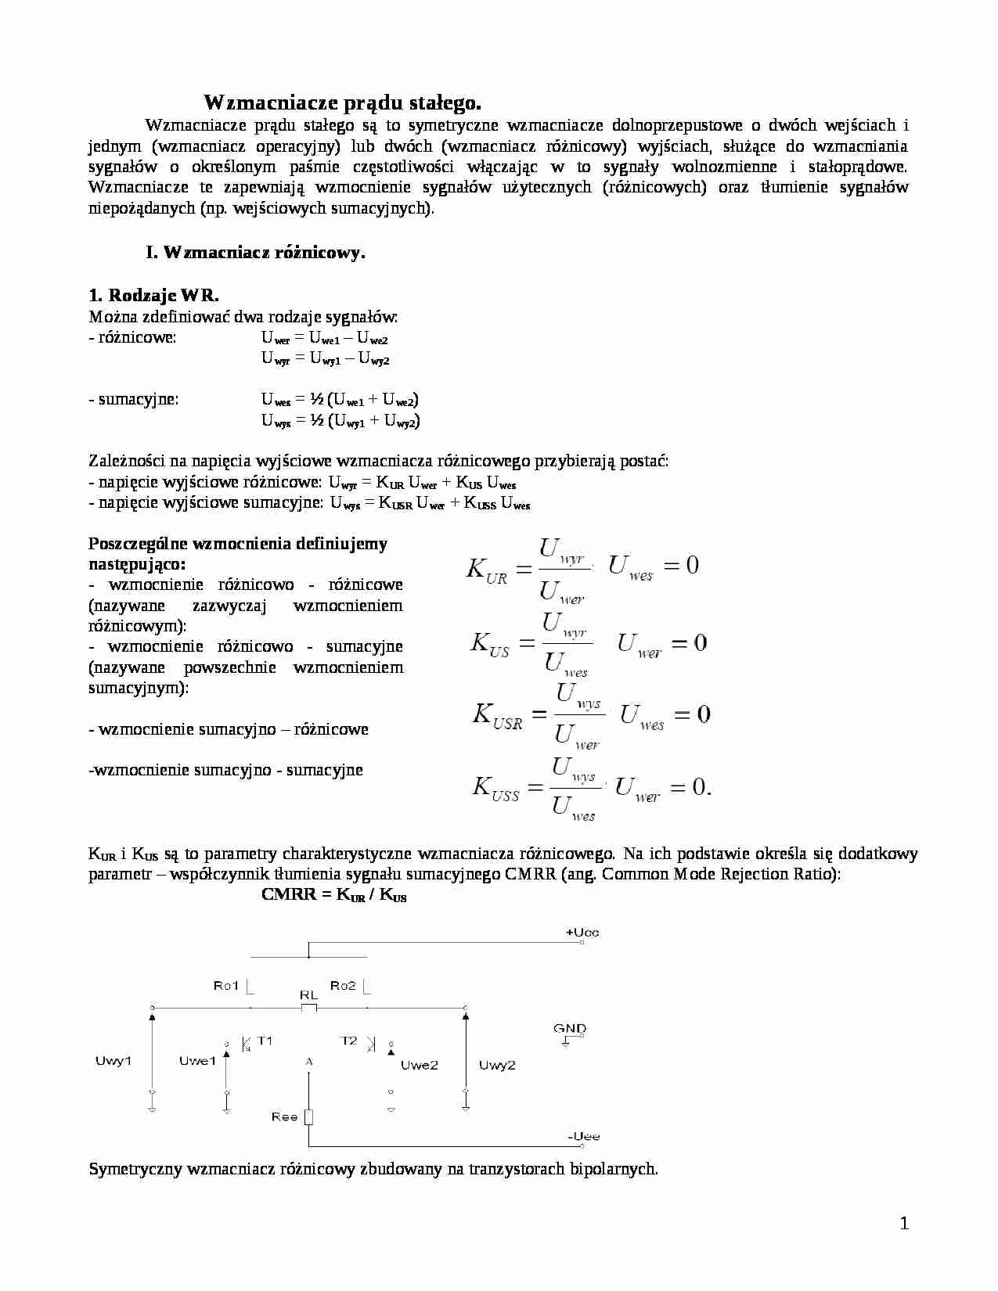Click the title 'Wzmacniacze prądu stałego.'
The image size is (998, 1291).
[342, 102]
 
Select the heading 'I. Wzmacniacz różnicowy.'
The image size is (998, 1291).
[255, 253]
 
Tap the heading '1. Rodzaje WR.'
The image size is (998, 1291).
[154, 295]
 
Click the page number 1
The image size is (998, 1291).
[905, 1224]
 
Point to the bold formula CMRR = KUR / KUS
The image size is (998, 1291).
[333, 895]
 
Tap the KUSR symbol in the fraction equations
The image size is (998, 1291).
[497, 716]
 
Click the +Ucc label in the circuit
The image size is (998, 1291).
[582, 933]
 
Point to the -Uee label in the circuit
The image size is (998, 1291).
[583, 1136]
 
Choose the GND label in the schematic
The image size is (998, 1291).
[570, 1029]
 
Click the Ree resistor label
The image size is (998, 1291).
[285, 1117]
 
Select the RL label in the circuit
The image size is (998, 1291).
[308, 995]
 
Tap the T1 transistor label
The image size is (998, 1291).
[265, 1041]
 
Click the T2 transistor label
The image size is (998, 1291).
[349, 1041]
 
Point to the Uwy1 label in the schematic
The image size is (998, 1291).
[113, 1062]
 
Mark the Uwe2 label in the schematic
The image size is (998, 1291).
[420, 1065]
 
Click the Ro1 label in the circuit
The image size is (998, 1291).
[226, 986]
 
